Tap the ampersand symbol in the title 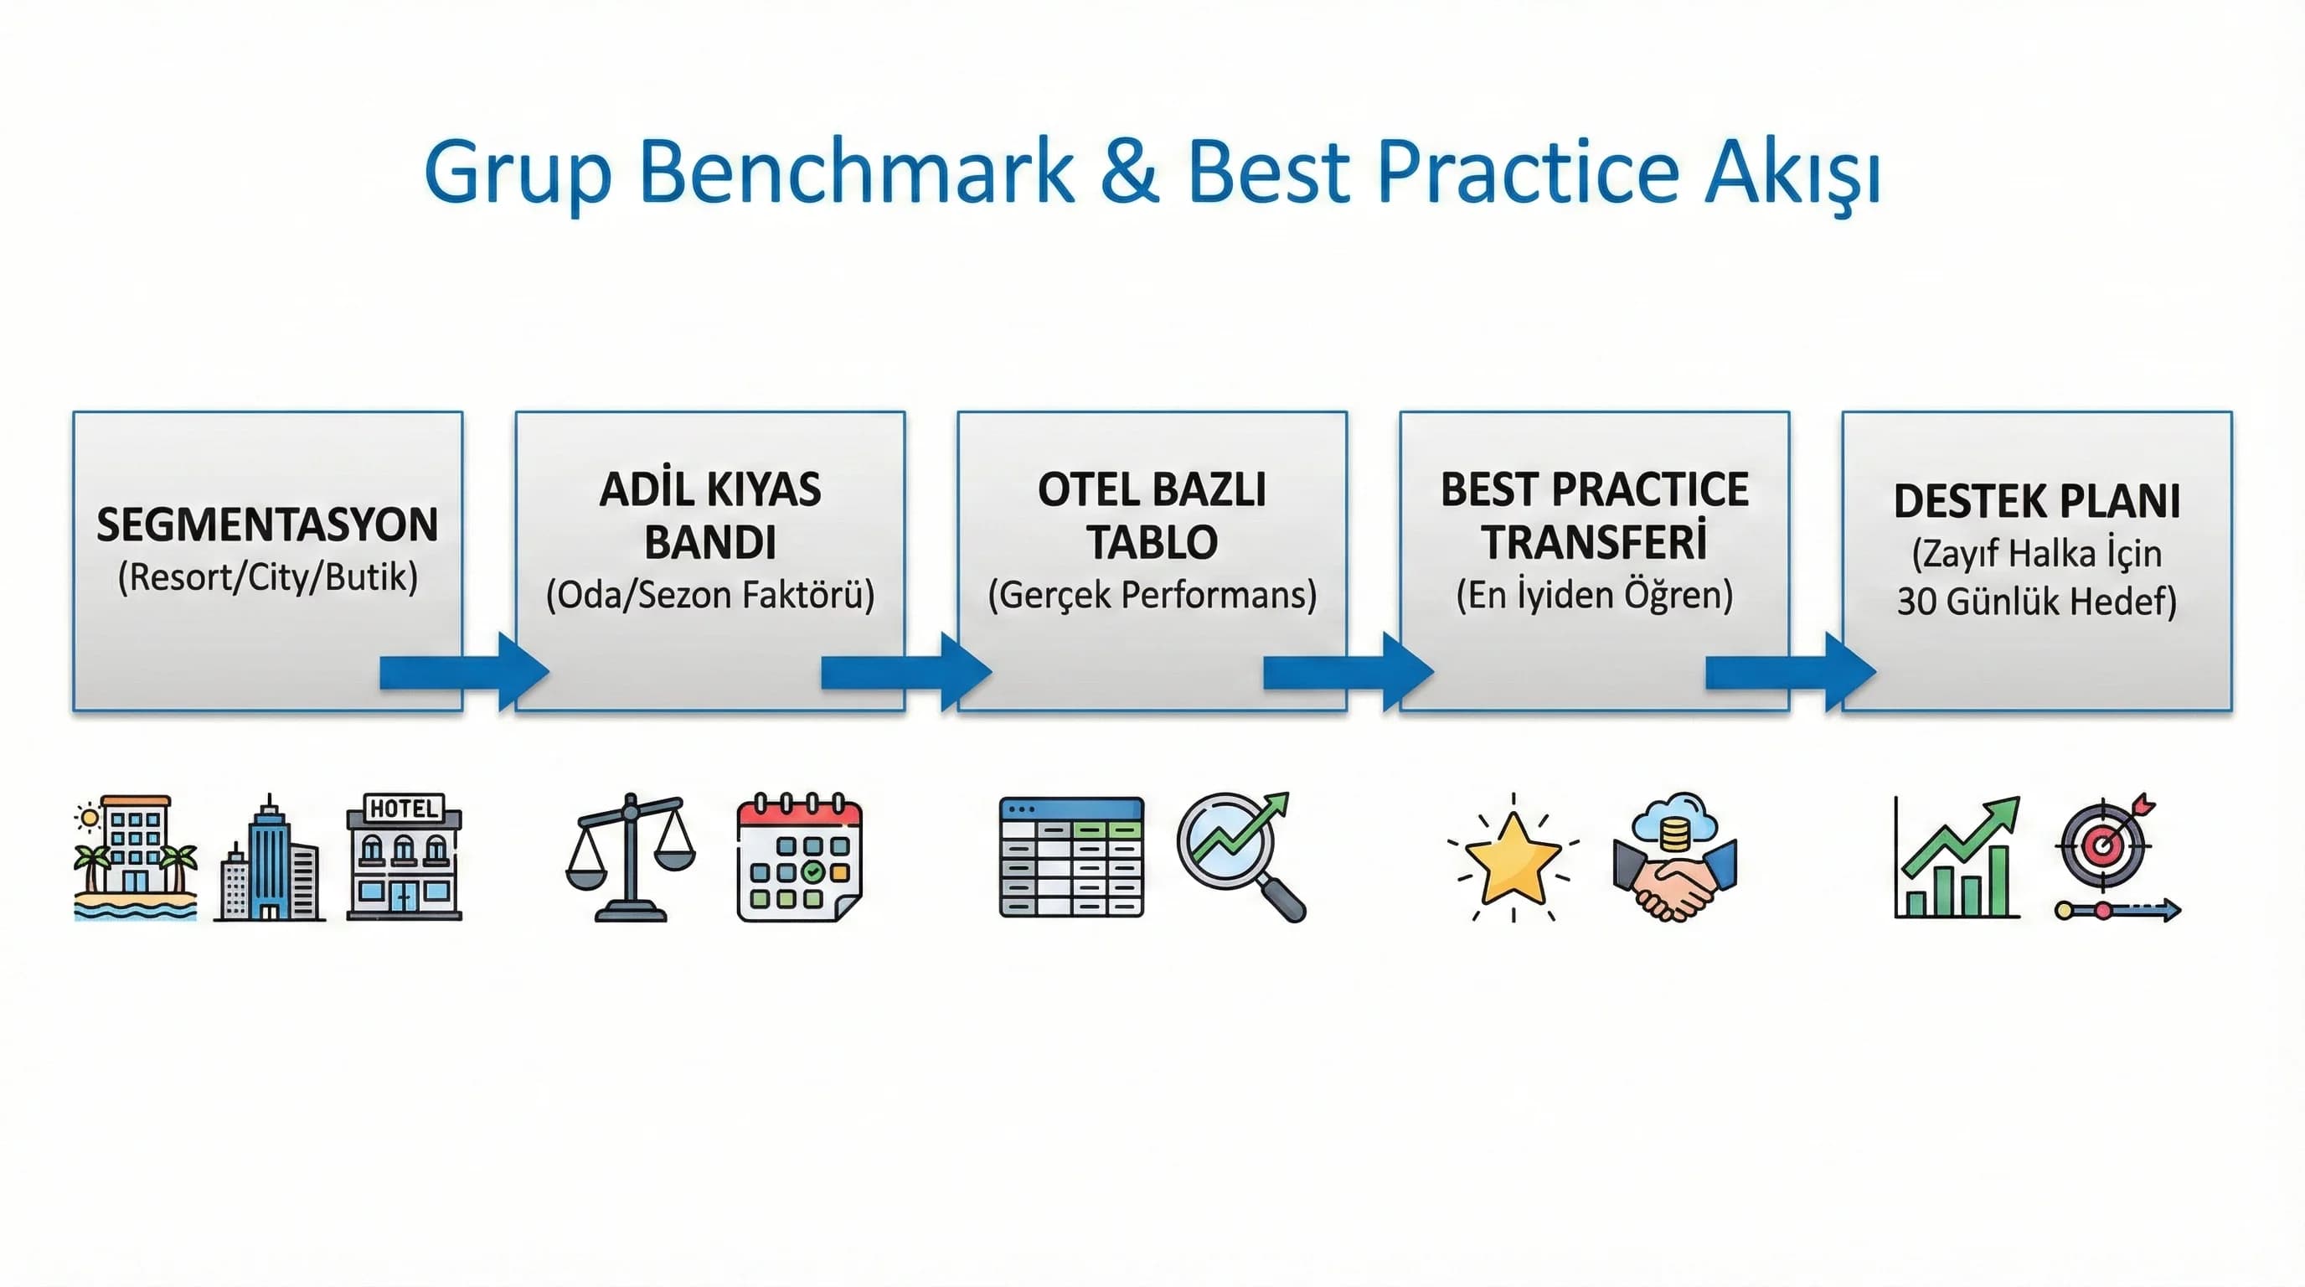pyautogui.click(x=1129, y=172)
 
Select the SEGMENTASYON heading pyautogui.click(x=267, y=525)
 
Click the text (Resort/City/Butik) pyautogui.click(x=267, y=577)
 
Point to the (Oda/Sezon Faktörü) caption pyautogui.click(x=710, y=595)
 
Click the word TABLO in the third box pyautogui.click(x=1152, y=542)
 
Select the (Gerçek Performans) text pyautogui.click(x=1152, y=595)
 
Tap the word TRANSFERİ pyautogui.click(x=1594, y=542)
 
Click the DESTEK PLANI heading pyautogui.click(x=2037, y=501)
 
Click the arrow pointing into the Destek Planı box pyautogui.click(x=1791, y=672)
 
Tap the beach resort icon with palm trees pyautogui.click(x=135, y=857)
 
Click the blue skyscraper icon pyautogui.click(x=270, y=859)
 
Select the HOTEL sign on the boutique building pyautogui.click(x=404, y=809)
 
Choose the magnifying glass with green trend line pyautogui.click(x=1240, y=855)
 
